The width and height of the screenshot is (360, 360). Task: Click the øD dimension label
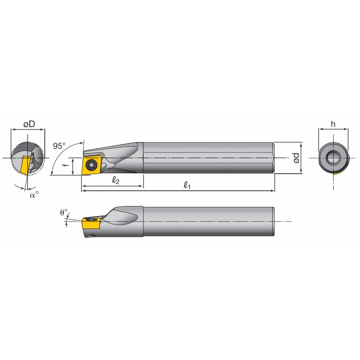[x=30, y=124]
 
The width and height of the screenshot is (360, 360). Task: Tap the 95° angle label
[x=59, y=146]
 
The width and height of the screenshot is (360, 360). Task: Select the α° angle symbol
[x=34, y=194]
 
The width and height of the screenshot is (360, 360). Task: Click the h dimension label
[x=333, y=124]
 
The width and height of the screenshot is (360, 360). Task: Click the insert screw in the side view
[x=91, y=164]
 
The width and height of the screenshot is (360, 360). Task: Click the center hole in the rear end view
[x=334, y=158]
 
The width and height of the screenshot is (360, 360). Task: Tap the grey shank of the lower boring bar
[x=207, y=221]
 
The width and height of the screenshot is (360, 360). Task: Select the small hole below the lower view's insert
[x=92, y=236]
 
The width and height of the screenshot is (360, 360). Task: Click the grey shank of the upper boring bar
[x=207, y=158]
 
